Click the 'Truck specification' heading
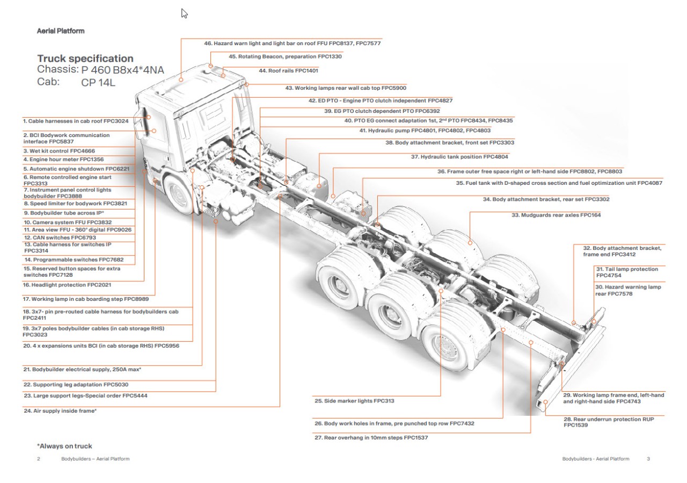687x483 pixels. pos(85,59)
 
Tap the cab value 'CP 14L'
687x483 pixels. pos(98,83)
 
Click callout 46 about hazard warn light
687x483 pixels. pos(292,43)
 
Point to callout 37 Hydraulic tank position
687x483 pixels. pos(459,157)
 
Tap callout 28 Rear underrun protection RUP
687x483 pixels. pos(609,422)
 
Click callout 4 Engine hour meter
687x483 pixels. pos(63,160)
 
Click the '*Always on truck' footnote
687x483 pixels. pos(64,446)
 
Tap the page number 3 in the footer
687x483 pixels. pos(648,459)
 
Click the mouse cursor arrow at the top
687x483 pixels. pos(184,13)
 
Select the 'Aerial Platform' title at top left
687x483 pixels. pos(60,31)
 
